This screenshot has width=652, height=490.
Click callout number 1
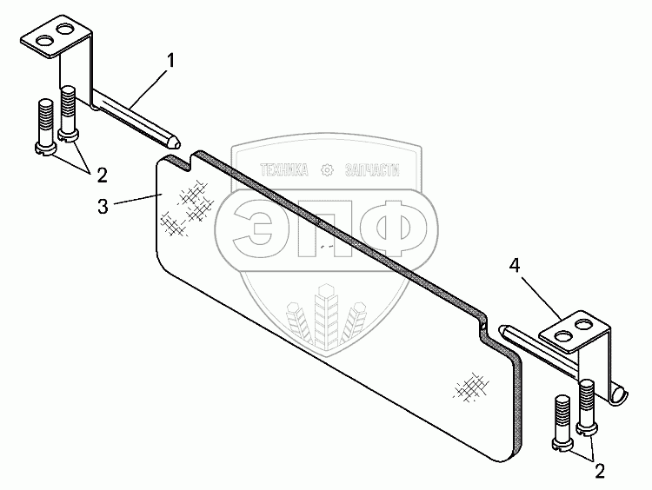pos(171,61)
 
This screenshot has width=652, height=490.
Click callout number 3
pos(103,206)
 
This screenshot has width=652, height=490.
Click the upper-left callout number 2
pos(101,175)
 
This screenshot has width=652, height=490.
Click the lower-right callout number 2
pos(600,471)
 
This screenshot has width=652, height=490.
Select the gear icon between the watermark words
pos(327,170)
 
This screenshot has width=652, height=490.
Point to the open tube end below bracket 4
pos(618,394)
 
